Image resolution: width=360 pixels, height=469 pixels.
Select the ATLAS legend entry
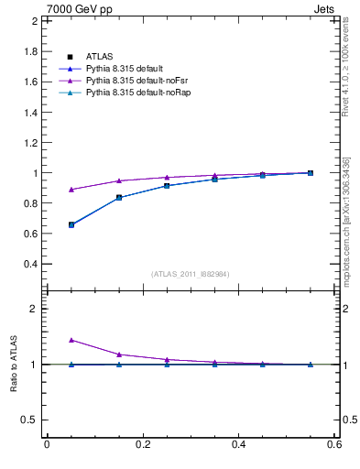click(100, 57)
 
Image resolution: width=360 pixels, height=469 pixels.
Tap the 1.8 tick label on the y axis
click(30, 51)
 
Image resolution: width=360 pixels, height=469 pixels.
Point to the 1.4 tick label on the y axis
click(30, 112)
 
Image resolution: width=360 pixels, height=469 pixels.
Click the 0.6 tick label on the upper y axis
click(30, 234)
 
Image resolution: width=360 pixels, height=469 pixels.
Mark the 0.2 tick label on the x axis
click(142, 445)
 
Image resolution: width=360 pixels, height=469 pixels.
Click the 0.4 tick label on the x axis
click(238, 445)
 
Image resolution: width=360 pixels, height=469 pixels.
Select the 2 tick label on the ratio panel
click(34, 309)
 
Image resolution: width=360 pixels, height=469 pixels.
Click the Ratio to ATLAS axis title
click(14, 364)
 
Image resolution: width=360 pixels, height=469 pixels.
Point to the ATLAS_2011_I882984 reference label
click(190, 274)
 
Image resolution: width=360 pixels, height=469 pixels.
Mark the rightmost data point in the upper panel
click(311, 172)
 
